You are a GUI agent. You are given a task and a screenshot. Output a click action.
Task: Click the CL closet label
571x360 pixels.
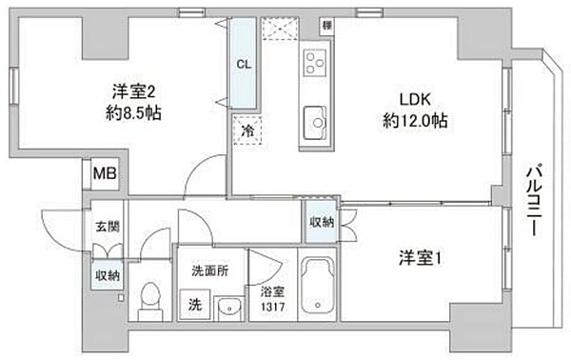click(x=244, y=65)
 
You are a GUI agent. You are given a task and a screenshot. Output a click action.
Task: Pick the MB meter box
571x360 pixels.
click(x=102, y=174)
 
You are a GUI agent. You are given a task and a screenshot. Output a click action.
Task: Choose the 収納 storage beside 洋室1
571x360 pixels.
click(x=322, y=222)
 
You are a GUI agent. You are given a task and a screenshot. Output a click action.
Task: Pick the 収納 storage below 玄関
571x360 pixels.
click(x=107, y=275)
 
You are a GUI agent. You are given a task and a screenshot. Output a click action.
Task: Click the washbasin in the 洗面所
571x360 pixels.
click(x=228, y=307)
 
